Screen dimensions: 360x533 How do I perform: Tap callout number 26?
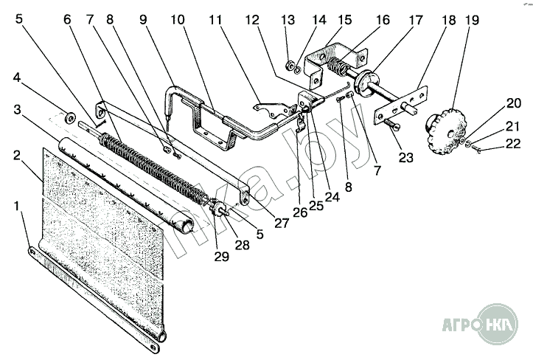pyautogui.click(x=300, y=212)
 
